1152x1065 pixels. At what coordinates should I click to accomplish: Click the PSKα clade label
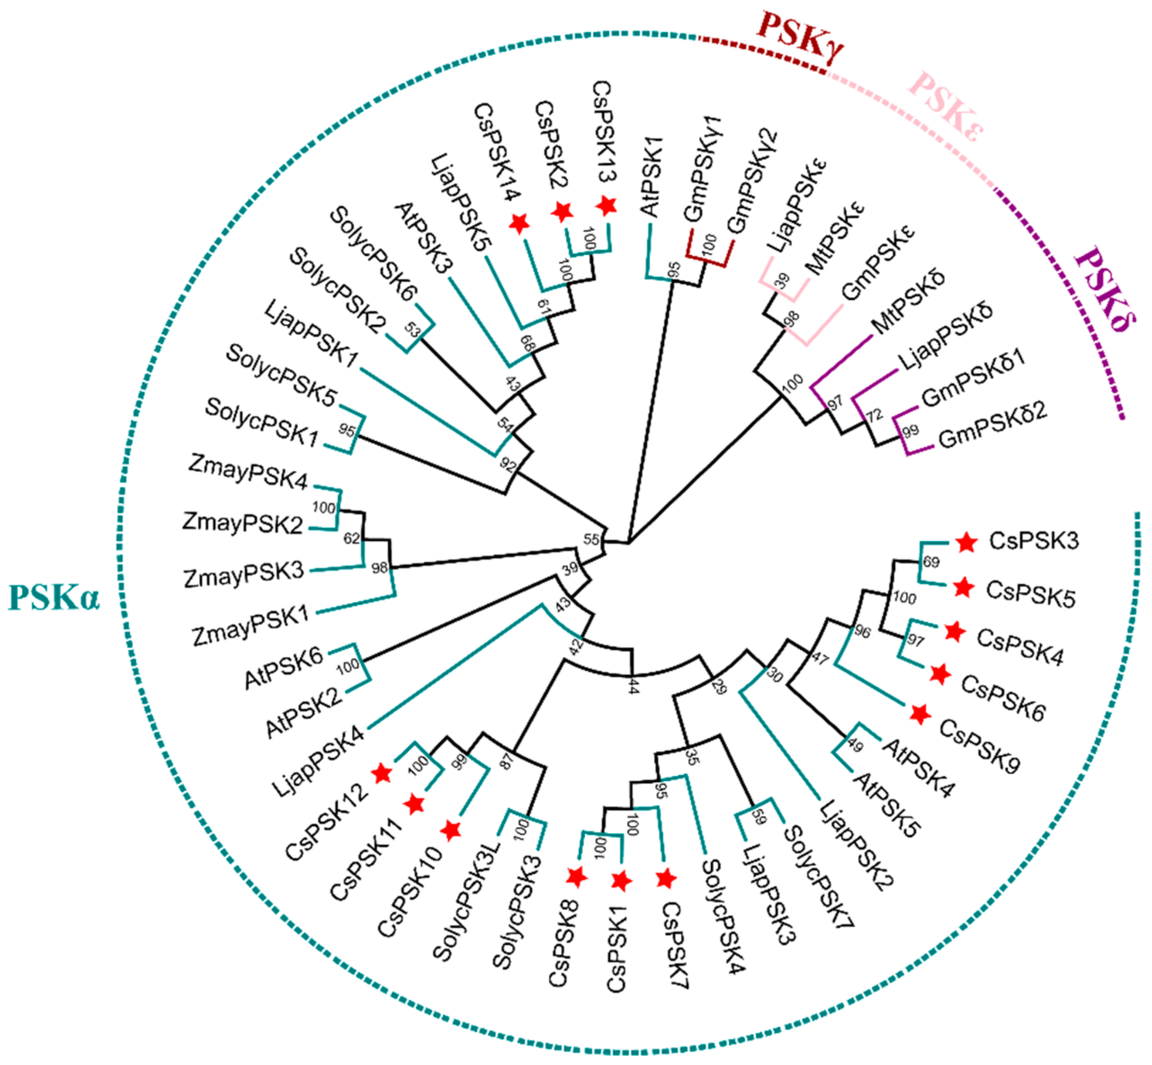pyautogui.click(x=54, y=598)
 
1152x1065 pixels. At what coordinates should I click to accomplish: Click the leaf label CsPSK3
pyautogui.click(x=1033, y=541)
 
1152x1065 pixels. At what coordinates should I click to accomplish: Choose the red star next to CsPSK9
pyautogui.click(x=920, y=714)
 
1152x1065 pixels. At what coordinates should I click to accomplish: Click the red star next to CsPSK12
pyautogui.click(x=382, y=773)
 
